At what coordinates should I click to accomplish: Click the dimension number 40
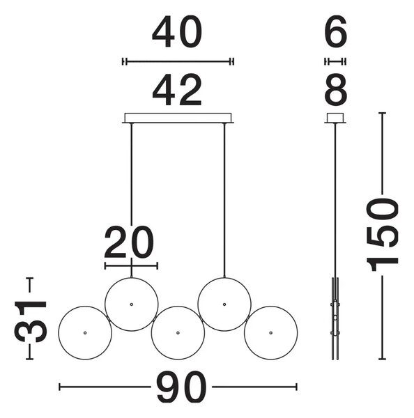(177, 31)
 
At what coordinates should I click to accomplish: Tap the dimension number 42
(177, 90)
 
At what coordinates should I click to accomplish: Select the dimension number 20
(129, 242)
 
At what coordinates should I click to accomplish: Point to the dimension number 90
(182, 387)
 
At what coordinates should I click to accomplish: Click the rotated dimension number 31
(31, 318)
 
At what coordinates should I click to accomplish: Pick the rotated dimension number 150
(382, 235)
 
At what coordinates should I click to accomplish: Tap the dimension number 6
(335, 31)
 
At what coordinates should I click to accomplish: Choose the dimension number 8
(335, 90)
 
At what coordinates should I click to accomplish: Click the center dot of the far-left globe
(85, 333)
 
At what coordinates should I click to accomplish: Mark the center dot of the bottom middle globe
(178, 333)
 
